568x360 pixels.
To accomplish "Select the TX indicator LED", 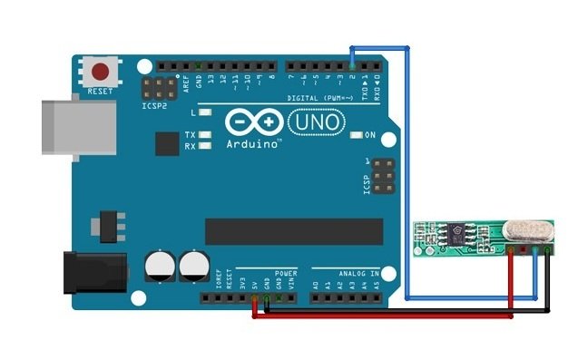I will pos(206,133).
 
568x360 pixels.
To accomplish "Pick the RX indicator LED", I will pos(206,145).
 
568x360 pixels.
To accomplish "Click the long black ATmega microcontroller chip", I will pos(292,231).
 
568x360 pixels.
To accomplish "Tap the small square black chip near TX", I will pos(167,144).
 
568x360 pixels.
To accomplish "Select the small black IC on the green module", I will pos(451,236).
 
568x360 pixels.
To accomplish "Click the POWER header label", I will pos(287,272).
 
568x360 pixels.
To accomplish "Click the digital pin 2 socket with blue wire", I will pos(353,67).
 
